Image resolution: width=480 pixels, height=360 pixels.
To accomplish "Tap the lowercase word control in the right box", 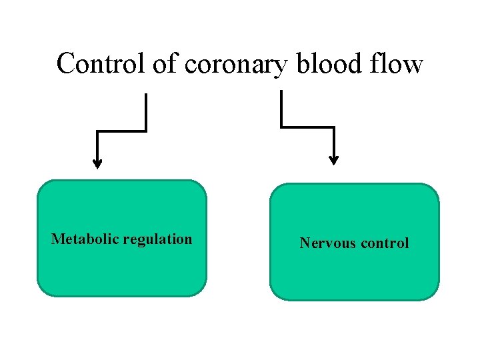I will click(384, 243).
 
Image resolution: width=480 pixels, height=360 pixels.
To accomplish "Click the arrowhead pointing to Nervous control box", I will click(334, 159).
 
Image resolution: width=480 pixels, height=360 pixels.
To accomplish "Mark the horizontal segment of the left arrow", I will click(121, 131).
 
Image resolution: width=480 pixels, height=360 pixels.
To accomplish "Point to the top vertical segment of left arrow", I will click(145, 112).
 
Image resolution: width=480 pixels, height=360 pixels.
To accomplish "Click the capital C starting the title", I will click(65, 64).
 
